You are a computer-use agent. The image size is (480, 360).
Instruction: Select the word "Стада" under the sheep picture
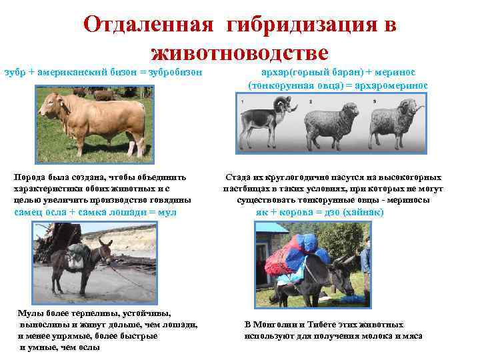237,178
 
